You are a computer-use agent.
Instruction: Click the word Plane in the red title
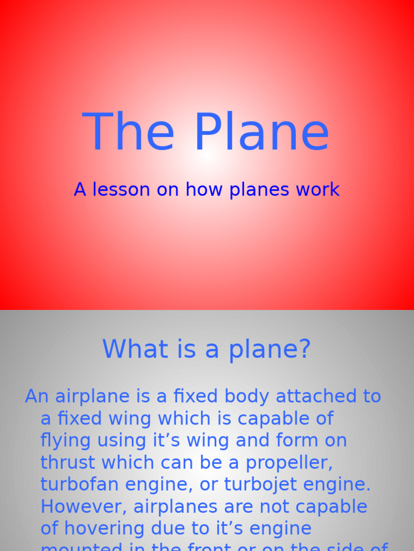pos(261,132)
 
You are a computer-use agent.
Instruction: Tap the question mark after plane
pos(305,349)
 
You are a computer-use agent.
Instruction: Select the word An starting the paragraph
pos(37,397)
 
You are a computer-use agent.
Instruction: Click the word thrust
pos(68,463)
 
